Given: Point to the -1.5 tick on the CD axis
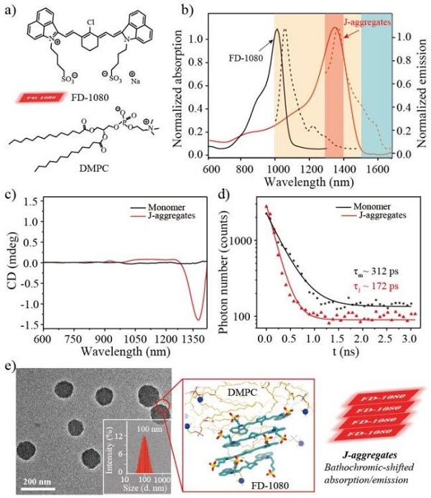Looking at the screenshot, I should click(32, 326).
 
